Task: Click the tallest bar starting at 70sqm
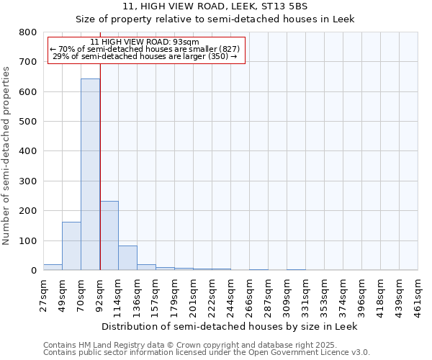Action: tap(90, 174)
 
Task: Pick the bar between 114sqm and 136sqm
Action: tap(127, 258)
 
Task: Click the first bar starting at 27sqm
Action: tap(53, 267)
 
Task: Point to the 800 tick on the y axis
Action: tap(28, 32)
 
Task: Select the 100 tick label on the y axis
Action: tap(28, 240)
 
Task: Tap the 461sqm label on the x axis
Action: tap(418, 297)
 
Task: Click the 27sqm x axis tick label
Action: tap(43, 295)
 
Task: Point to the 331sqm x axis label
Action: tap(305, 297)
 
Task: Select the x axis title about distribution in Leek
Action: tap(229, 326)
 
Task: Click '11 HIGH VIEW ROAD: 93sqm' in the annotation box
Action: tap(146, 42)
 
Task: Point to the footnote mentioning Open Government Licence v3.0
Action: tap(206, 353)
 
